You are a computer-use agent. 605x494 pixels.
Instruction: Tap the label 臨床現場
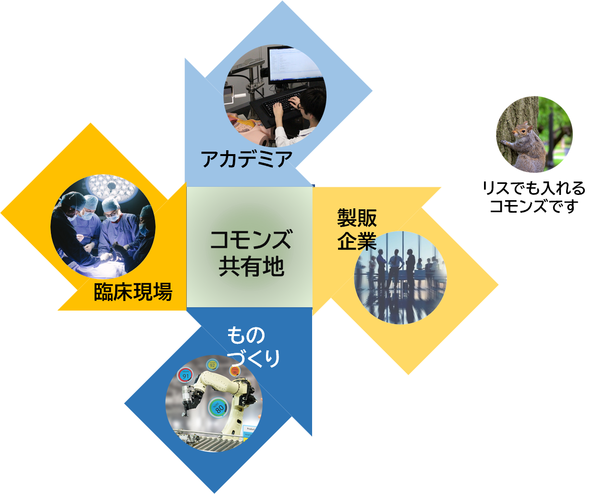click(133, 291)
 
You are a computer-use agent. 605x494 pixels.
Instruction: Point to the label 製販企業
click(357, 229)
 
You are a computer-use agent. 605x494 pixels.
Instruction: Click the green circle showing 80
click(218, 409)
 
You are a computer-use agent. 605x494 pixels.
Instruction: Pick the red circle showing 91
click(185, 375)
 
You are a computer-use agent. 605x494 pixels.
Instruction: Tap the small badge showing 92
click(212, 365)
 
